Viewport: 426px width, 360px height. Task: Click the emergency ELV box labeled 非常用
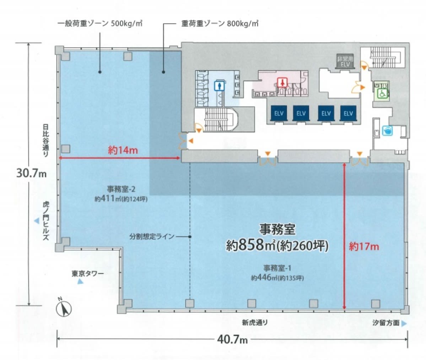pyautogui.click(x=345, y=61)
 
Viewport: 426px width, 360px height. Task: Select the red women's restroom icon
pyautogui.click(x=282, y=82)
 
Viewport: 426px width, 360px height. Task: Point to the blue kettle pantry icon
pyautogui.click(x=387, y=131)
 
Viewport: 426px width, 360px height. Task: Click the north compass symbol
pyautogui.click(x=64, y=308)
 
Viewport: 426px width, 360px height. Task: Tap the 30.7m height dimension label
pyautogui.click(x=31, y=173)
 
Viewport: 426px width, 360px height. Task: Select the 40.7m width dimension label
pyautogui.click(x=232, y=339)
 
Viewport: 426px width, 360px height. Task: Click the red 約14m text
pyautogui.click(x=123, y=150)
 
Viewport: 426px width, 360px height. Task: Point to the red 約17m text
pyautogui.click(x=364, y=246)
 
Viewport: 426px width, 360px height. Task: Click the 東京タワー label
pyautogui.click(x=88, y=273)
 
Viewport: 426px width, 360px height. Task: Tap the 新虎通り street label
pyautogui.click(x=255, y=322)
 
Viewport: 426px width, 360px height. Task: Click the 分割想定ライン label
pyautogui.click(x=152, y=236)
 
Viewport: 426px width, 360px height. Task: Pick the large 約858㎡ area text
pyautogui.click(x=277, y=245)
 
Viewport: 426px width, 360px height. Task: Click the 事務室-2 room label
pyautogui.click(x=121, y=189)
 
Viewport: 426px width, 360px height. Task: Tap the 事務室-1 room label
pyautogui.click(x=277, y=268)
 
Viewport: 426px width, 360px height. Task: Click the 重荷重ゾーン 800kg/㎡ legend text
pyautogui.click(x=220, y=24)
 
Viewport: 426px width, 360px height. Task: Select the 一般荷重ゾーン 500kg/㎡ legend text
pyautogui.click(x=100, y=23)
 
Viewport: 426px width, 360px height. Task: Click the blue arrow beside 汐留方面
pyautogui.click(x=404, y=323)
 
